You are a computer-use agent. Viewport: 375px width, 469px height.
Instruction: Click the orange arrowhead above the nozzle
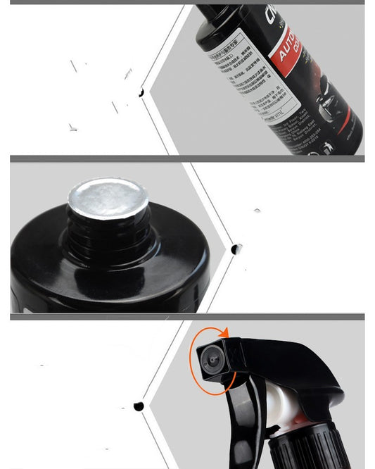[225, 332]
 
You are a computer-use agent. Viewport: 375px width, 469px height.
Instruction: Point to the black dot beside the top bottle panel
[141, 92]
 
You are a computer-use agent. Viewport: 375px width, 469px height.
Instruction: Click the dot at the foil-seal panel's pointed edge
[236, 249]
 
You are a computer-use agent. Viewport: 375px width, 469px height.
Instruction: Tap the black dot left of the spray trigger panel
[139, 406]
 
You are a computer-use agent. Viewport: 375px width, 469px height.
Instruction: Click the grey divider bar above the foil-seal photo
[187, 159]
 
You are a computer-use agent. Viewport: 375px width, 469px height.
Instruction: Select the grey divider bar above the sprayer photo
[187, 317]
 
